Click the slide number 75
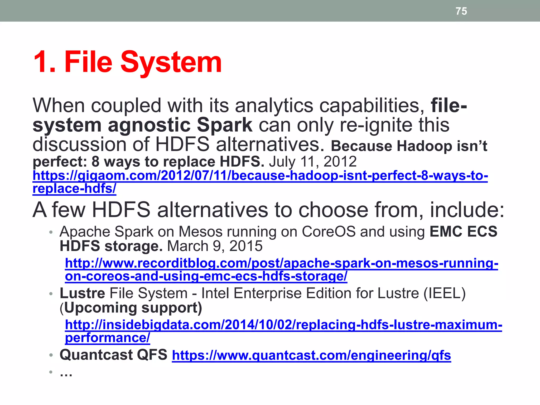pos(461,11)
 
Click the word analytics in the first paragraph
pos(274,105)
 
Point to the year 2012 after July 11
pos(340,161)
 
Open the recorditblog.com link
pos(281,263)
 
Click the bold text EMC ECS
pos(463,232)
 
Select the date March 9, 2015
pos(215,246)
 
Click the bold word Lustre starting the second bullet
pos(82,293)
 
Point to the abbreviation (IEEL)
pos(445,293)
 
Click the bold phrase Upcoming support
pos(133,308)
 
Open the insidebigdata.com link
pos(283,325)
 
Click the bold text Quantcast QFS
pos(113,355)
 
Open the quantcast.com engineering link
pos(311,355)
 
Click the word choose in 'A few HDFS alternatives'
pos(333,210)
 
